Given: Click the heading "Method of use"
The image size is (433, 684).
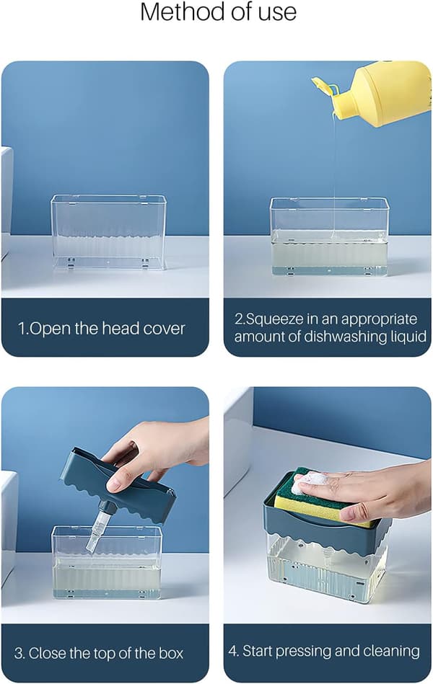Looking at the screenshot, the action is point(218,12).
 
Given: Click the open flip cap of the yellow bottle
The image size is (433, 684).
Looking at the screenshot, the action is point(324,85).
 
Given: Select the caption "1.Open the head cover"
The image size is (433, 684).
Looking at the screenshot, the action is point(101,329).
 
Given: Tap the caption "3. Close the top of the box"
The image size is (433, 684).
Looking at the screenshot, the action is point(99,653).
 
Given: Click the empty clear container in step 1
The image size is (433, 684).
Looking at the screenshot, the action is point(108,231).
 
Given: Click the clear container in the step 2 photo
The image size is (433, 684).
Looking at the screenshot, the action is point(329,236).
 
